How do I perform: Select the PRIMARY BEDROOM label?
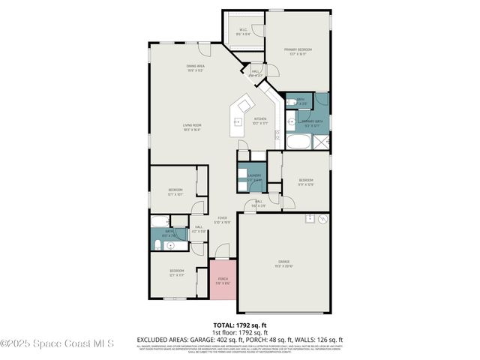(x=297, y=51)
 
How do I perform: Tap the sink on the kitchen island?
(x=238, y=121)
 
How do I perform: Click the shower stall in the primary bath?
(x=321, y=142)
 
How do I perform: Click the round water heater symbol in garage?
(x=322, y=219)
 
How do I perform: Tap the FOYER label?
(x=222, y=219)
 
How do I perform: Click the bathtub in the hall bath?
(x=160, y=220)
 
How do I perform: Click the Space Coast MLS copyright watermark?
(x=56, y=343)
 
